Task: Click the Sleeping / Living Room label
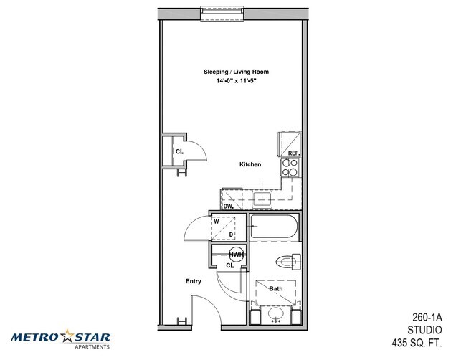(x=236, y=72)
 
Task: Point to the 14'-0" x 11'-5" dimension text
(x=236, y=80)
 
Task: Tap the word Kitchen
(x=250, y=164)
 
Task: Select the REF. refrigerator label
(x=294, y=153)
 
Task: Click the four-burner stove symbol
(x=290, y=167)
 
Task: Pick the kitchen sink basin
(x=262, y=199)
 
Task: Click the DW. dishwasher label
(x=228, y=206)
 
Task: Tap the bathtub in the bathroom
(x=274, y=226)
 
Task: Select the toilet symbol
(x=288, y=262)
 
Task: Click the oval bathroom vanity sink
(x=275, y=313)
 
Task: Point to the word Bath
(x=276, y=288)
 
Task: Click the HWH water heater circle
(x=237, y=255)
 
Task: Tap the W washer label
(x=217, y=222)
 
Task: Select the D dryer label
(x=231, y=235)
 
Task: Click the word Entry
(x=193, y=281)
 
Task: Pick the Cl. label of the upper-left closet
(x=179, y=151)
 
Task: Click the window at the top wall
(x=222, y=13)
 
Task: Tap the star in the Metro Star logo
(x=67, y=336)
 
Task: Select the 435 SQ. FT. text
(x=417, y=343)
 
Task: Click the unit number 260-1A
(x=427, y=317)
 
